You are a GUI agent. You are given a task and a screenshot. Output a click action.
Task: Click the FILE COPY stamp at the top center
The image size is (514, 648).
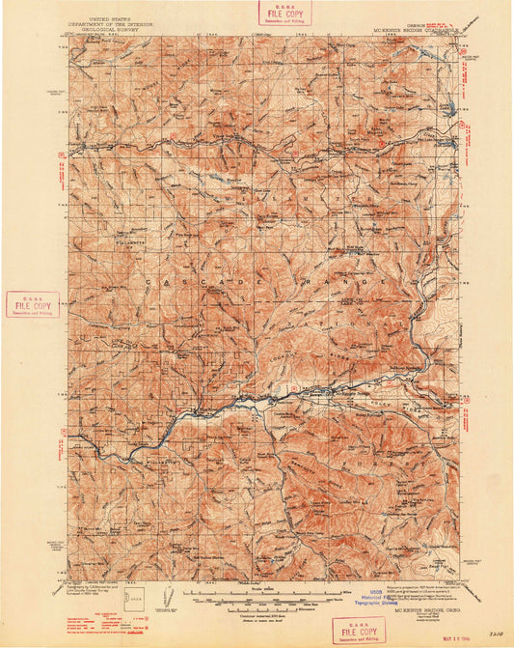(277, 13)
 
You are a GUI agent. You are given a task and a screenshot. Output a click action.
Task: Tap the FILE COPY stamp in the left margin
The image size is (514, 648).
(32, 304)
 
